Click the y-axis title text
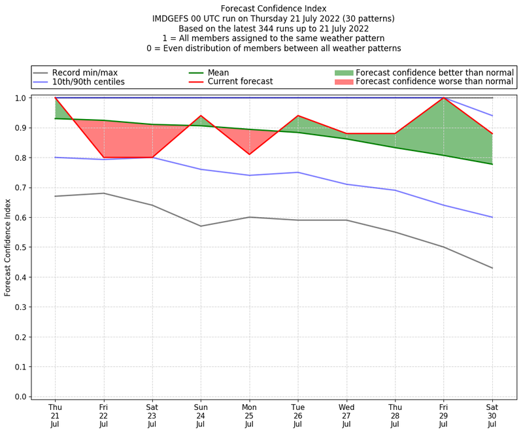tap(8, 247)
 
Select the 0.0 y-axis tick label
tap(21, 397)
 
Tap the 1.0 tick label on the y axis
tap(21, 98)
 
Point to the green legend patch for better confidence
tap(343, 72)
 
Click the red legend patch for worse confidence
tap(343, 82)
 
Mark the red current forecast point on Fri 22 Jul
tap(103, 158)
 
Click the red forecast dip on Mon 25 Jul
tap(249, 154)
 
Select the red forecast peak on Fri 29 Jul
tap(444, 98)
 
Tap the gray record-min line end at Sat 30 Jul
tap(492, 268)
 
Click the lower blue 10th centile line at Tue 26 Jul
tap(297, 173)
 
